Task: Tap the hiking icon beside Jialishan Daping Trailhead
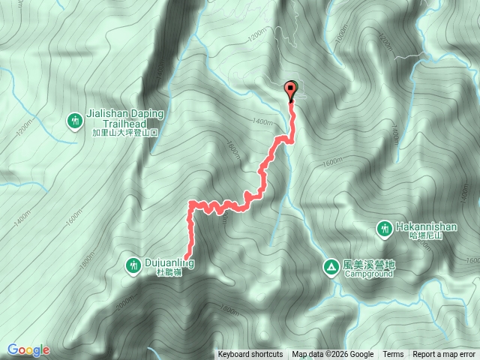pyautogui.click(x=74, y=120)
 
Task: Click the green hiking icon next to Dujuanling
pyautogui.click(x=133, y=264)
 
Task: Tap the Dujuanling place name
pyautogui.click(x=171, y=262)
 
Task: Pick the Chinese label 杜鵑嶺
pyautogui.click(x=169, y=274)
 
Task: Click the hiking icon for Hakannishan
pyautogui.click(x=384, y=227)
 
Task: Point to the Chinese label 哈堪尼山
pyautogui.click(x=428, y=236)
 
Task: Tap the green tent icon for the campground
pyautogui.click(x=331, y=266)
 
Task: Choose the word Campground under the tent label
pyautogui.click(x=369, y=274)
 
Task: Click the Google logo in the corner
pyautogui.click(x=29, y=349)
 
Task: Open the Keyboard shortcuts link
pyautogui.click(x=250, y=355)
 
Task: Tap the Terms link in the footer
pyautogui.click(x=393, y=355)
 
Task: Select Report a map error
pyautogui.click(x=445, y=355)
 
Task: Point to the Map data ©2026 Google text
pyautogui.click(x=333, y=355)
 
